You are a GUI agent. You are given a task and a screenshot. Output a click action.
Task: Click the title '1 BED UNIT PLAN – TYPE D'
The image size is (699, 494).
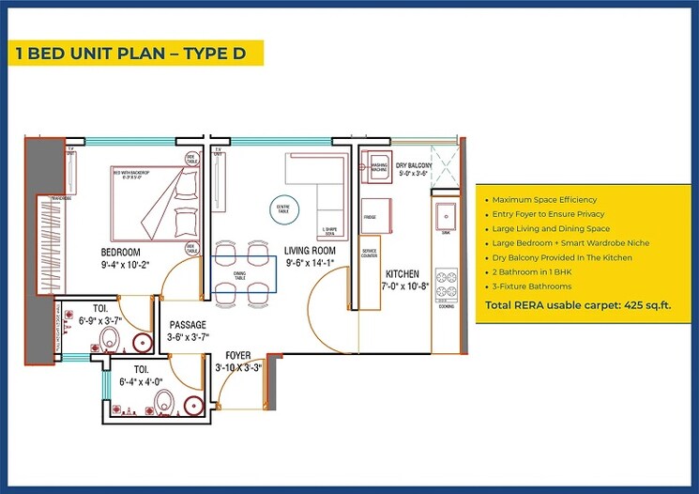point(130,53)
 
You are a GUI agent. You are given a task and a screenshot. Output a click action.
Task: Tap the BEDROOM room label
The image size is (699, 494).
point(121,253)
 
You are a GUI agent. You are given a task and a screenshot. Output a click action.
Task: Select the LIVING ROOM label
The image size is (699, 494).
point(311,251)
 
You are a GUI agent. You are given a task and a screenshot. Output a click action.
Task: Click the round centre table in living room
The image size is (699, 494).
point(281,208)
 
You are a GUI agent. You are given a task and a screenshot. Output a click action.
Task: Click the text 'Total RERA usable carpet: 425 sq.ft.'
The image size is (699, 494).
point(577,306)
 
